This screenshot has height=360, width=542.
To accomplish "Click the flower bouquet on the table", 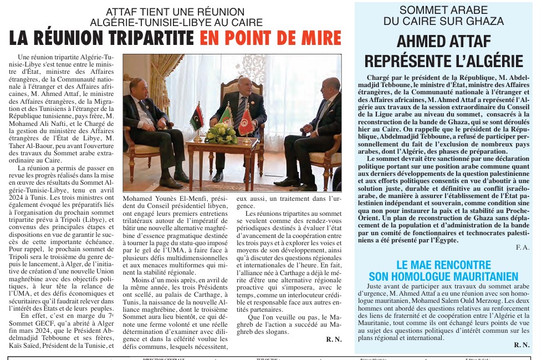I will [x=221, y=133].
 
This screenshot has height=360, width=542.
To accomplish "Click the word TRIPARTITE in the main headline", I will [x=147, y=38].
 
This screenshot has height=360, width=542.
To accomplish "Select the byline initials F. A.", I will [x=522, y=246].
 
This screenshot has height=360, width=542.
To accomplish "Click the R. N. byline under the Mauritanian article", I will [x=521, y=344].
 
